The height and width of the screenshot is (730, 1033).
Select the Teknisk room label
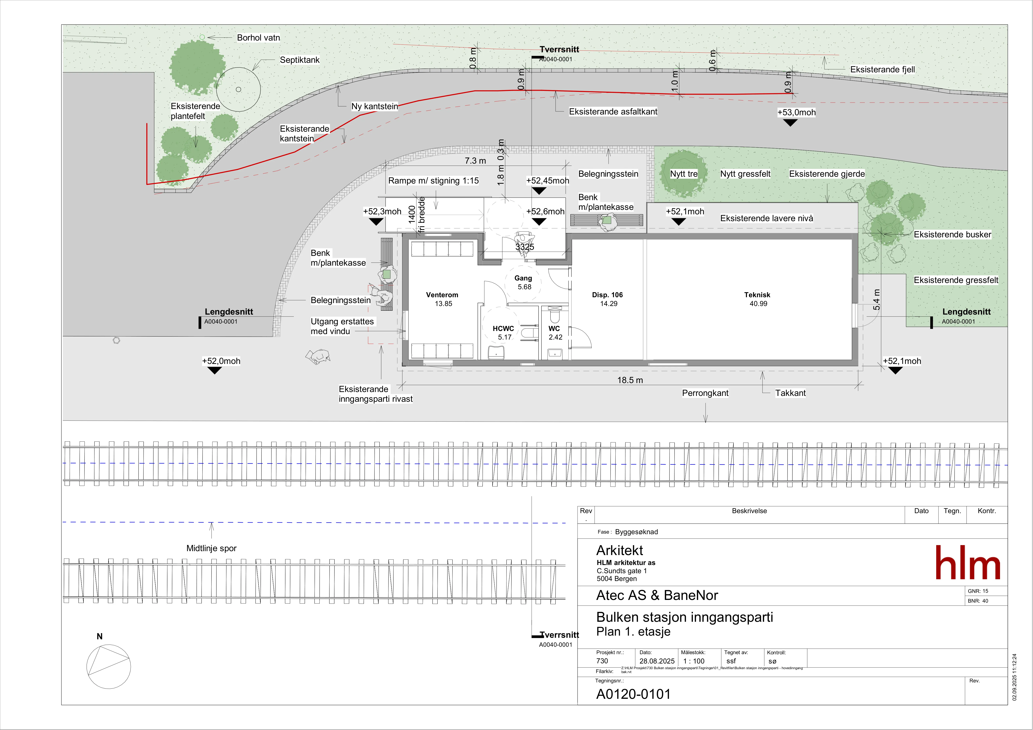pos(757,295)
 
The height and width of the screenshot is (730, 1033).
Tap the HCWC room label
pos(503,329)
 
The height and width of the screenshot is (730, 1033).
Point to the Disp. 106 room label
pos(607,295)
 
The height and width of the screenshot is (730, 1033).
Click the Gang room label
pos(523,279)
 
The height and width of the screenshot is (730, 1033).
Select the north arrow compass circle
pos(108,667)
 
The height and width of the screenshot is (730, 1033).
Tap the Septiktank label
pos(300,60)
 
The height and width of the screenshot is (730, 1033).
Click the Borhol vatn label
pos(258,38)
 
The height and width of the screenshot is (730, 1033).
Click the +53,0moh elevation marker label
pos(796,113)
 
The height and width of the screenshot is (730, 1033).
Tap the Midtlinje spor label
pos(212,548)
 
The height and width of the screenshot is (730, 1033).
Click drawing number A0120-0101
pos(633,694)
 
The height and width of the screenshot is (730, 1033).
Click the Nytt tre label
pos(684,174)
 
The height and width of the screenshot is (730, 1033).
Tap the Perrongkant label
pos(705,393)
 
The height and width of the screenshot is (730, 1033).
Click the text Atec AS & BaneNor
pos(657,595)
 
